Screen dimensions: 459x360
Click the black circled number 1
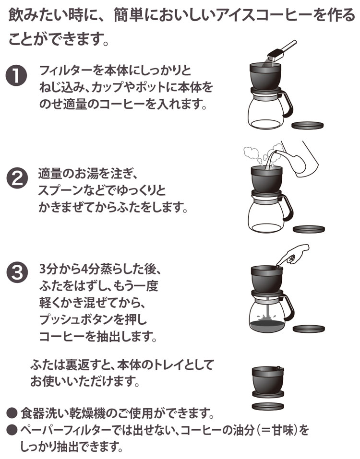(x=18, y=77)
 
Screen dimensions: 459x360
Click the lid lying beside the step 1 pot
(x=308, y=126)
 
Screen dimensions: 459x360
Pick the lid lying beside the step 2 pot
(x=308, y=228)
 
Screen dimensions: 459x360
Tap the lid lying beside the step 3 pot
(x=308, y=329)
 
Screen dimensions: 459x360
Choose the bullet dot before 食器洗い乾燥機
(x=13, y=412)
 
